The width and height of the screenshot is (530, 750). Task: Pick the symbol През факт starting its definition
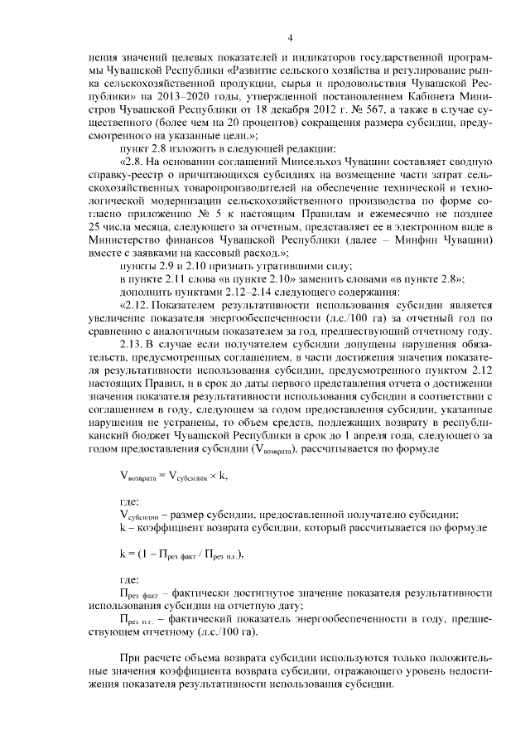138,594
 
